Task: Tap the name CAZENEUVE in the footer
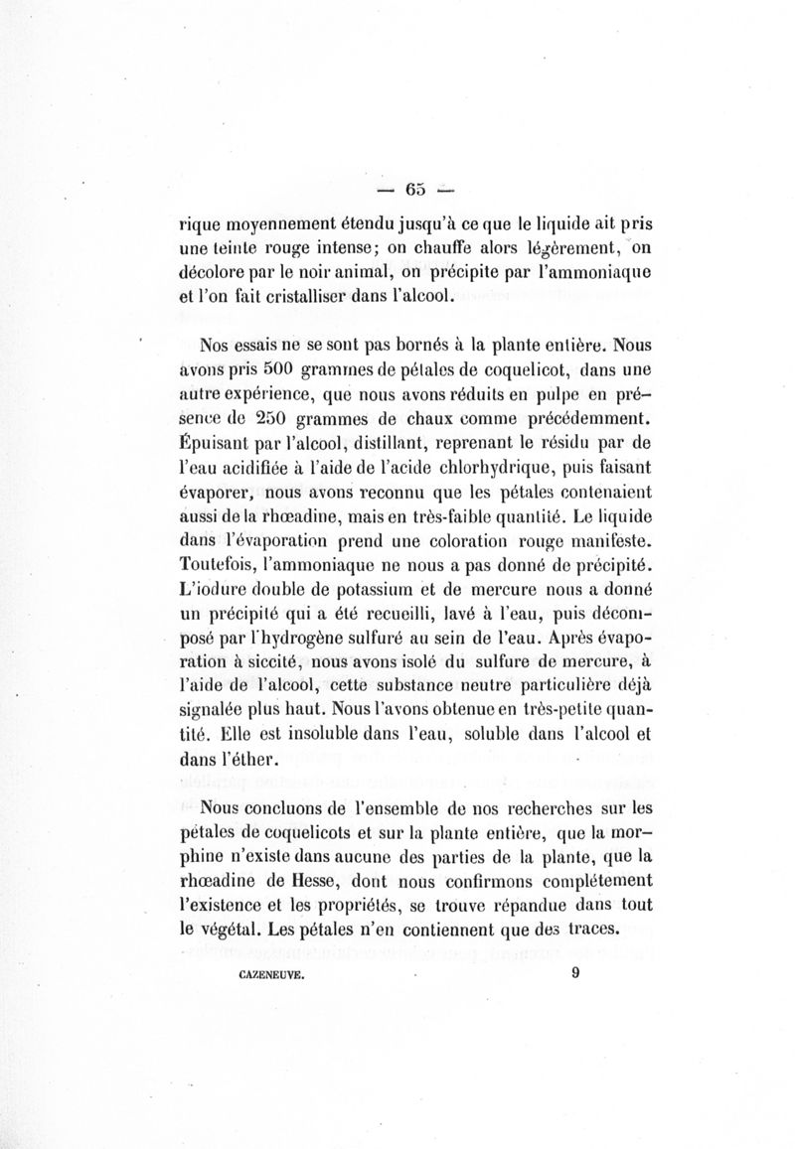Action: tap(271, 976)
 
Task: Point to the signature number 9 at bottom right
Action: tap(575, 974)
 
